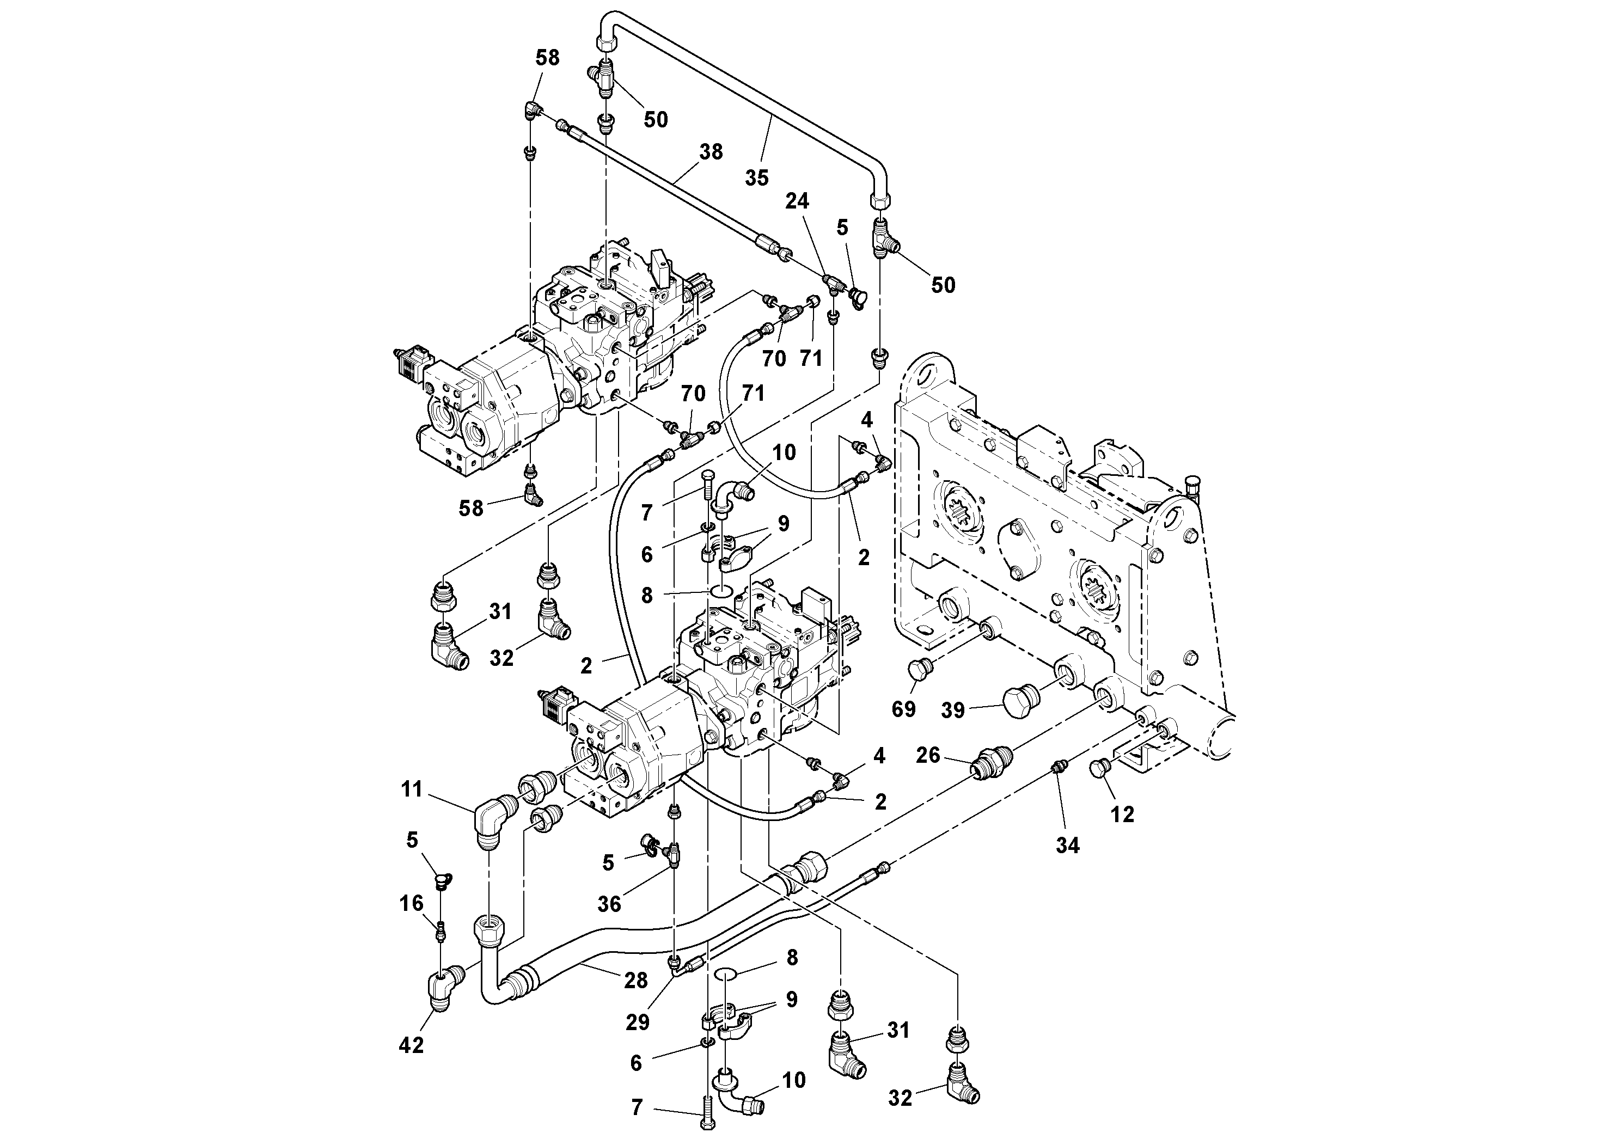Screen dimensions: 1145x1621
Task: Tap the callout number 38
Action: [x=711, y=152]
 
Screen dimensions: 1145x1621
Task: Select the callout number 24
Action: [x=797, y=201]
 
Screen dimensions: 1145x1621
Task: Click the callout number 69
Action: [x=904, y=709]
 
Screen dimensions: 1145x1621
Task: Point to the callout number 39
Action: [x=952, y=710]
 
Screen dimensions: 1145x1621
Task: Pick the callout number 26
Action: [x=928, y=755]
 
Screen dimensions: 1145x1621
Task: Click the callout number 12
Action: [x=1122, y=814]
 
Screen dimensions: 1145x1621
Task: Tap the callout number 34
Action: [x=1067, y=845]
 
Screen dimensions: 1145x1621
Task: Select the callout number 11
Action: [x=412, y=789]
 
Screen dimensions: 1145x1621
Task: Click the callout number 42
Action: [x=411, y=1045]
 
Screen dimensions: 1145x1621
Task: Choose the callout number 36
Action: [x=609, y=904]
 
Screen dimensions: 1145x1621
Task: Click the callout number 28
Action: [x=636, y=980]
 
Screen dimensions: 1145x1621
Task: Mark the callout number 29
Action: [x=638, y=1022]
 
